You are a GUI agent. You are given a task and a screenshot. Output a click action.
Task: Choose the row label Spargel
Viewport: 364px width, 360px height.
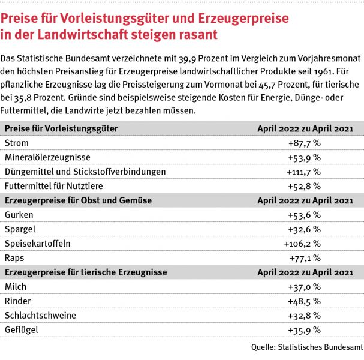(20, 229)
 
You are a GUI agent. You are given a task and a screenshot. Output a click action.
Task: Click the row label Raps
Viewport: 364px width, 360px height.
(15, 257)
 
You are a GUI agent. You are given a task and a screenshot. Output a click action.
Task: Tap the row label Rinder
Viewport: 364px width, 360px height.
(18, 301)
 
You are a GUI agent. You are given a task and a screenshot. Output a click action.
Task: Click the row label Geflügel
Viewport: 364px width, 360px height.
(22, 329)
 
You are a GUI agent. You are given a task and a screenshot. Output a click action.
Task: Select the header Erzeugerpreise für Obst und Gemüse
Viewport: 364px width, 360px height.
(78, 200)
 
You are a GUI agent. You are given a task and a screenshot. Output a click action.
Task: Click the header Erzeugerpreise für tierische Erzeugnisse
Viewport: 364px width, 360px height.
(85, 272)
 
